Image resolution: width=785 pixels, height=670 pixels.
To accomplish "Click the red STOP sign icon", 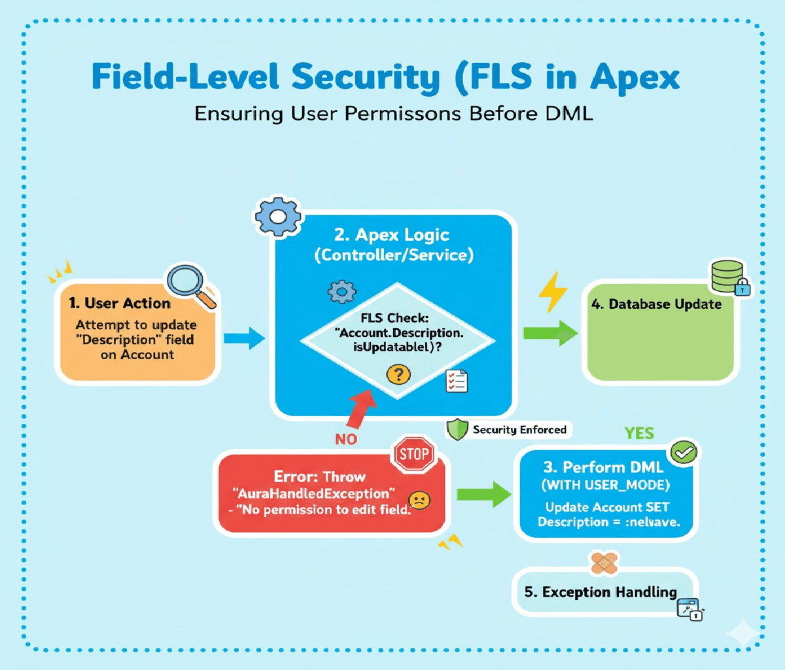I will (414, 454).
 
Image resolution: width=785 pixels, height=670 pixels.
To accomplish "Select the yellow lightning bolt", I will (553, 292).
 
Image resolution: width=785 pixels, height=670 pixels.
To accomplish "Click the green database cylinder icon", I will (727, 276).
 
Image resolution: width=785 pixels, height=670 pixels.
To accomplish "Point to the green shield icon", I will (457, 430).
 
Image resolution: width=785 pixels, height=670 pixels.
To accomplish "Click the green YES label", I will (638, 433).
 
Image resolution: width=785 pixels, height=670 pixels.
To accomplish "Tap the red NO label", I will (346, 439).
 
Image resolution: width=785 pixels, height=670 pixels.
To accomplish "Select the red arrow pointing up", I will (358, 406).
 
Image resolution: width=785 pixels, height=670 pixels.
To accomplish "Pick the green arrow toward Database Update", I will (550, 333).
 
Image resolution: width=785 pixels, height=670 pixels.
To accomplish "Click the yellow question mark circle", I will (398, 375).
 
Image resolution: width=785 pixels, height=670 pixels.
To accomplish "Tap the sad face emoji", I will (420, 501).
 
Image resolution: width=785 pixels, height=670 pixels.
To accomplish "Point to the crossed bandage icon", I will (604, 562).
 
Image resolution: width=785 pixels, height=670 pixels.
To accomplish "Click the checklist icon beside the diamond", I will (456, 380).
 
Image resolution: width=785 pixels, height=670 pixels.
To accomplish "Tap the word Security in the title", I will (366, 78).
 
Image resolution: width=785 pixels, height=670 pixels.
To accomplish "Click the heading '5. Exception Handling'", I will (601, 592).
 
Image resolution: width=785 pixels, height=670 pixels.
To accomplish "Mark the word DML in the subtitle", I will (568, 113).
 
